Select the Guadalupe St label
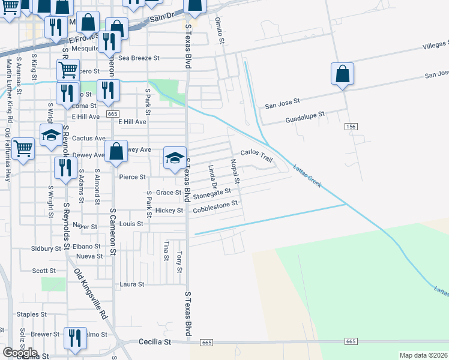point(304,113)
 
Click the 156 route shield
point(352,127)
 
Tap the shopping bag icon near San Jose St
point(342,74)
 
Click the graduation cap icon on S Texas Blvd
point(175,158)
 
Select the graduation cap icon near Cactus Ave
point(51,135)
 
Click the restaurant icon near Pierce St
point(65,168)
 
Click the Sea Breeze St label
point(139,58)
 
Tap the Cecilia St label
point(155,341)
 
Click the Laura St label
point(132,284)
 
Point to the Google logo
point(20,353)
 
